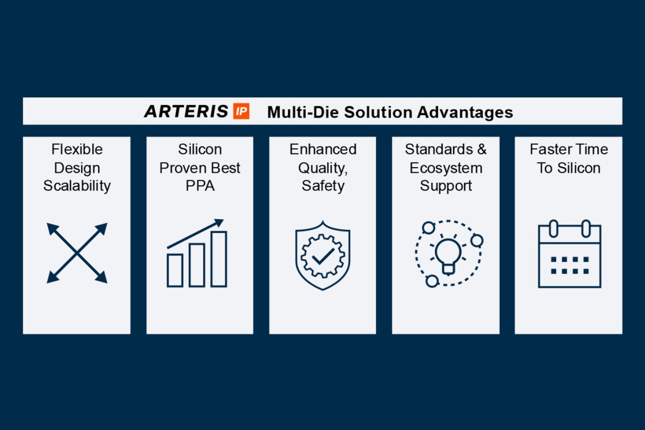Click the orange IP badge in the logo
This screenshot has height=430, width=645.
pos(241,112)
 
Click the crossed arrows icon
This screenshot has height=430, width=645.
pos(77,253)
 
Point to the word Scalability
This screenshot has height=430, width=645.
pos(77,186)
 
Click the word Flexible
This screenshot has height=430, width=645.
pos(77,149)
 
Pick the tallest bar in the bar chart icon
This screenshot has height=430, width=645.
pos(218,259)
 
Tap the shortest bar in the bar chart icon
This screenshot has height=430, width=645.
pos(175,270)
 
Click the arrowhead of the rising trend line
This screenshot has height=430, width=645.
pos(219,222)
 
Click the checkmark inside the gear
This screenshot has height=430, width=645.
pos(322,256)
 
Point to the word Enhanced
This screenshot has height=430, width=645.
pos(323,149)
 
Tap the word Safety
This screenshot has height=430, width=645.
pos(323,186)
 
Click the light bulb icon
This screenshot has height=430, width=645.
pos(446,253)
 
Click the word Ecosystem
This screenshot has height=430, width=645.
pos(446,168)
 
